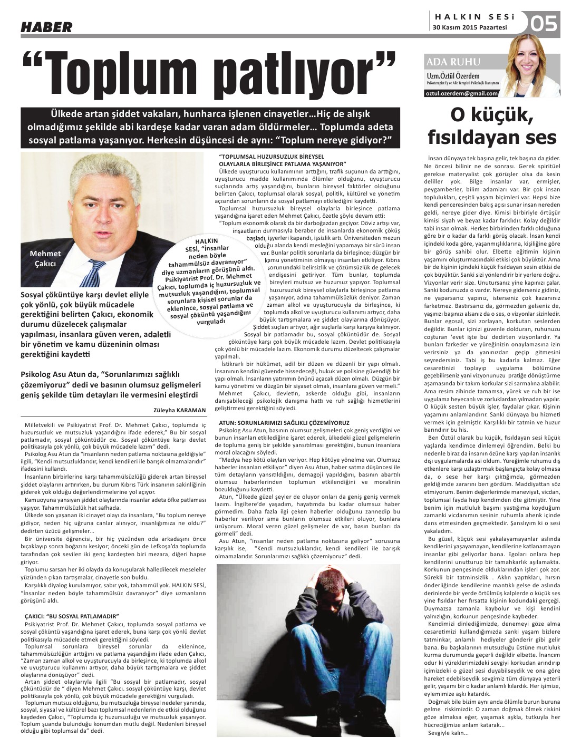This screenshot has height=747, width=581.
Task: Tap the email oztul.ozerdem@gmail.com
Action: pyautogui.click(x=462, y=93)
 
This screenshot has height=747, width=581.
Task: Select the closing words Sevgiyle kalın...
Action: pyautogui.click(x=449, y=733)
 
